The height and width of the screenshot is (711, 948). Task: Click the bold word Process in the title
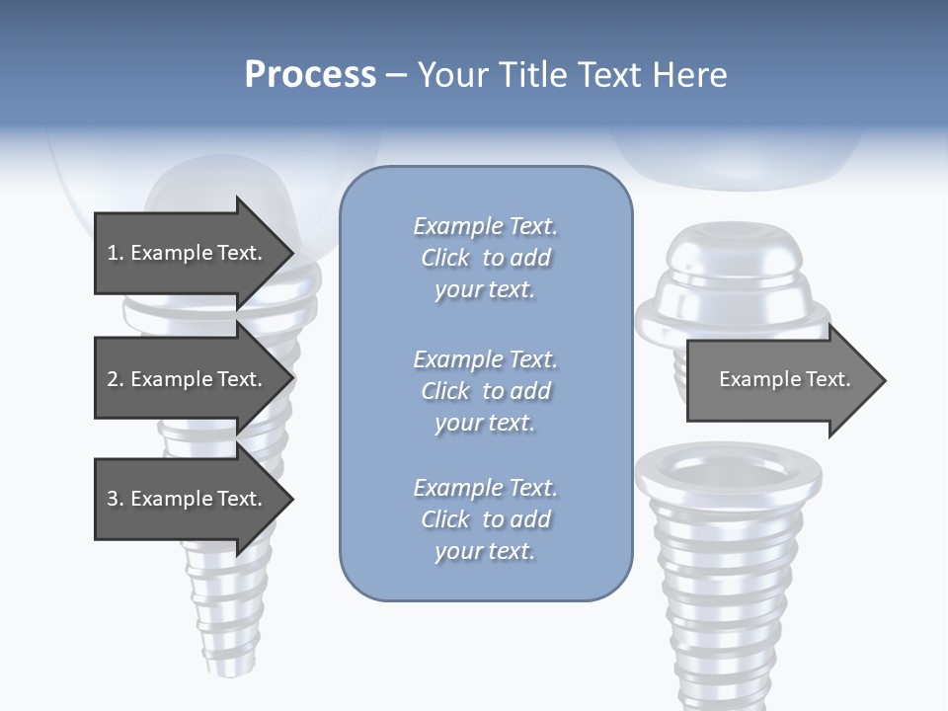310,75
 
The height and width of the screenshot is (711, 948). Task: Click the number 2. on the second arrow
115,379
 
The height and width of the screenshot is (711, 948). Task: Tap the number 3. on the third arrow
115,499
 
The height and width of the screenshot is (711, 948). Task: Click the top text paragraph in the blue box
485,258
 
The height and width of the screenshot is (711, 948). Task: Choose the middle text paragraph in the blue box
485,391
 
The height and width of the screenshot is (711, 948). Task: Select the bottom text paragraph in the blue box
485,519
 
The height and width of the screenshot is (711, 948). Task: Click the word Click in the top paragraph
445,258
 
